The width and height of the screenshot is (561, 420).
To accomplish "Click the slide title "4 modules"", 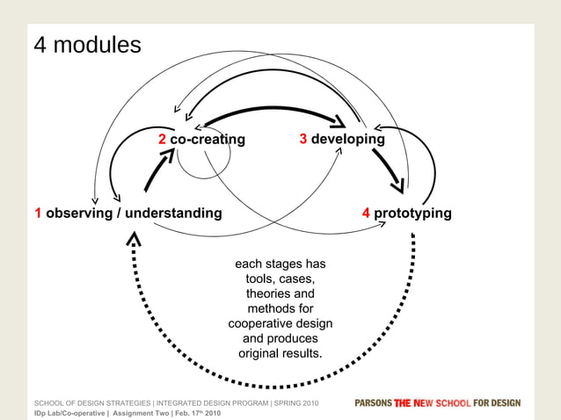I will [x=87, y=45].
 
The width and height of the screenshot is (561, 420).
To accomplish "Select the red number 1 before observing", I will [x=39, y=213].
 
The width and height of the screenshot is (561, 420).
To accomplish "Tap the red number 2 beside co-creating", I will [x=162, y=140].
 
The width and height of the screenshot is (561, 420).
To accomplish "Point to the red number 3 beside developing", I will [x=302, y=139].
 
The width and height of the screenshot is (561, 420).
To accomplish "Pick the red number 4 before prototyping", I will [x=366, y=213].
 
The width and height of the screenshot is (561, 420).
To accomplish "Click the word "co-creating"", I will [x=208, y=140].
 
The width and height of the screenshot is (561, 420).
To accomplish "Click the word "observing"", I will [x=78, y=213].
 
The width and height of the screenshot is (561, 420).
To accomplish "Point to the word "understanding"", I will [x=173, y=213].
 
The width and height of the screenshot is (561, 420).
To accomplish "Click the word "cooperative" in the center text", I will [x=262, y=323].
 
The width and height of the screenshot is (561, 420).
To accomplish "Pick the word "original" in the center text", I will [x=262, y=353].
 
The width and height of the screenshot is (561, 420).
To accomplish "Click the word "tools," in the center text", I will [x=262, y=279].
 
